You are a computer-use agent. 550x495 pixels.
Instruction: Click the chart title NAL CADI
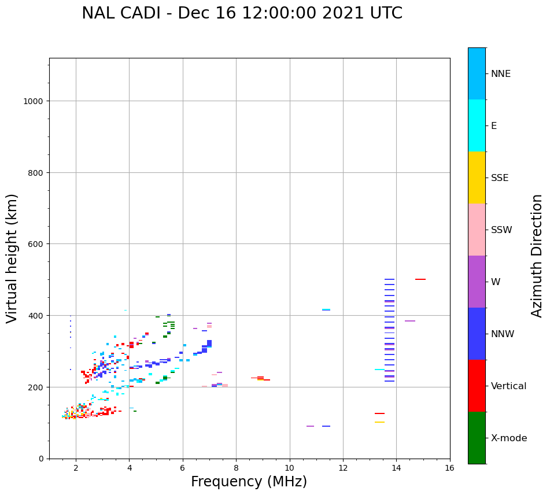click(x=242, y=13)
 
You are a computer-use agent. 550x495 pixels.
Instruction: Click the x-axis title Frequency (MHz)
click(x=249, y=482)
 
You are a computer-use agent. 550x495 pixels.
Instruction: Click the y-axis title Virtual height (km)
click(x=12, y=258)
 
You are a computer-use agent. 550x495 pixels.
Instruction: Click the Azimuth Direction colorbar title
click(x=537, y=256)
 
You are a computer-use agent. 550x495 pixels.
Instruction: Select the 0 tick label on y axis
click(x=42, y=459)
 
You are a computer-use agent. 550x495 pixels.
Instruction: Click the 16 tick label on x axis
click(x=449, y=469)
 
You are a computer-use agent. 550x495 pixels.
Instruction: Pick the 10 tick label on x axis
click(x=289, y=469)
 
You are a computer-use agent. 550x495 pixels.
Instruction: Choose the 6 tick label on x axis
click(x=183, y=469)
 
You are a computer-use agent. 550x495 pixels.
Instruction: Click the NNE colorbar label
click(x=501, y=74)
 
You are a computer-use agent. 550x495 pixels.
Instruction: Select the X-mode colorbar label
click(x=509, y=438)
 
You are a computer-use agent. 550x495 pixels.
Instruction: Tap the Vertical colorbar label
click(x=508, y=386)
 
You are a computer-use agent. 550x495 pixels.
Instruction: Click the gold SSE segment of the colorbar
click(x=477, y=178)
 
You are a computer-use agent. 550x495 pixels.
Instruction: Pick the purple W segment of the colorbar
click(x=477, y=282)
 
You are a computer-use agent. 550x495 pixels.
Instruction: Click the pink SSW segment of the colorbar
click(x=477, y=230)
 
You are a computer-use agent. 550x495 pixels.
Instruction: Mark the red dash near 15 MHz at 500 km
click(x=420, y=279)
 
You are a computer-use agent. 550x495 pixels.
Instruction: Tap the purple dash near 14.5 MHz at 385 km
click(x=410, y=321)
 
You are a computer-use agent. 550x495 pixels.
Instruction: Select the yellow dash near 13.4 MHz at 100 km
click(x=379, y=422)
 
